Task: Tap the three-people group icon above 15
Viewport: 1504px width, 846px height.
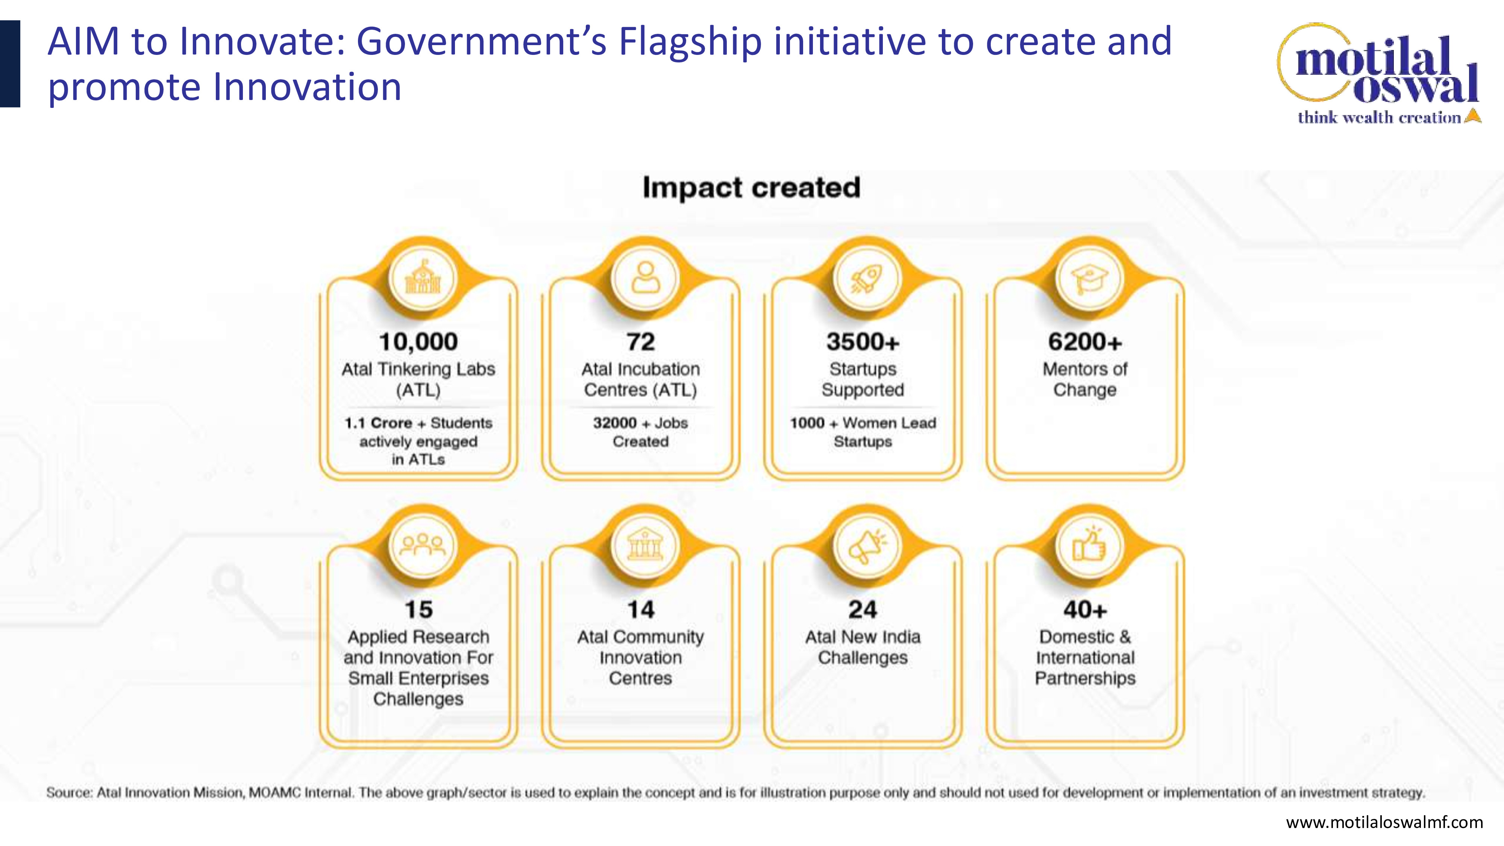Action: [x=423, y=545]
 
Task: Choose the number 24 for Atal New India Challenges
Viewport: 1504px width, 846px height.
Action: [x=863, y=609]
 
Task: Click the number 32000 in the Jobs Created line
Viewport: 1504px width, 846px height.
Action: [x=615, y=423]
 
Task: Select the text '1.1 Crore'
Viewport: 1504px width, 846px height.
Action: [x=378, y=423]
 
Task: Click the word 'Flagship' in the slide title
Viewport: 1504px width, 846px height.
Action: [x=690, y=42]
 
